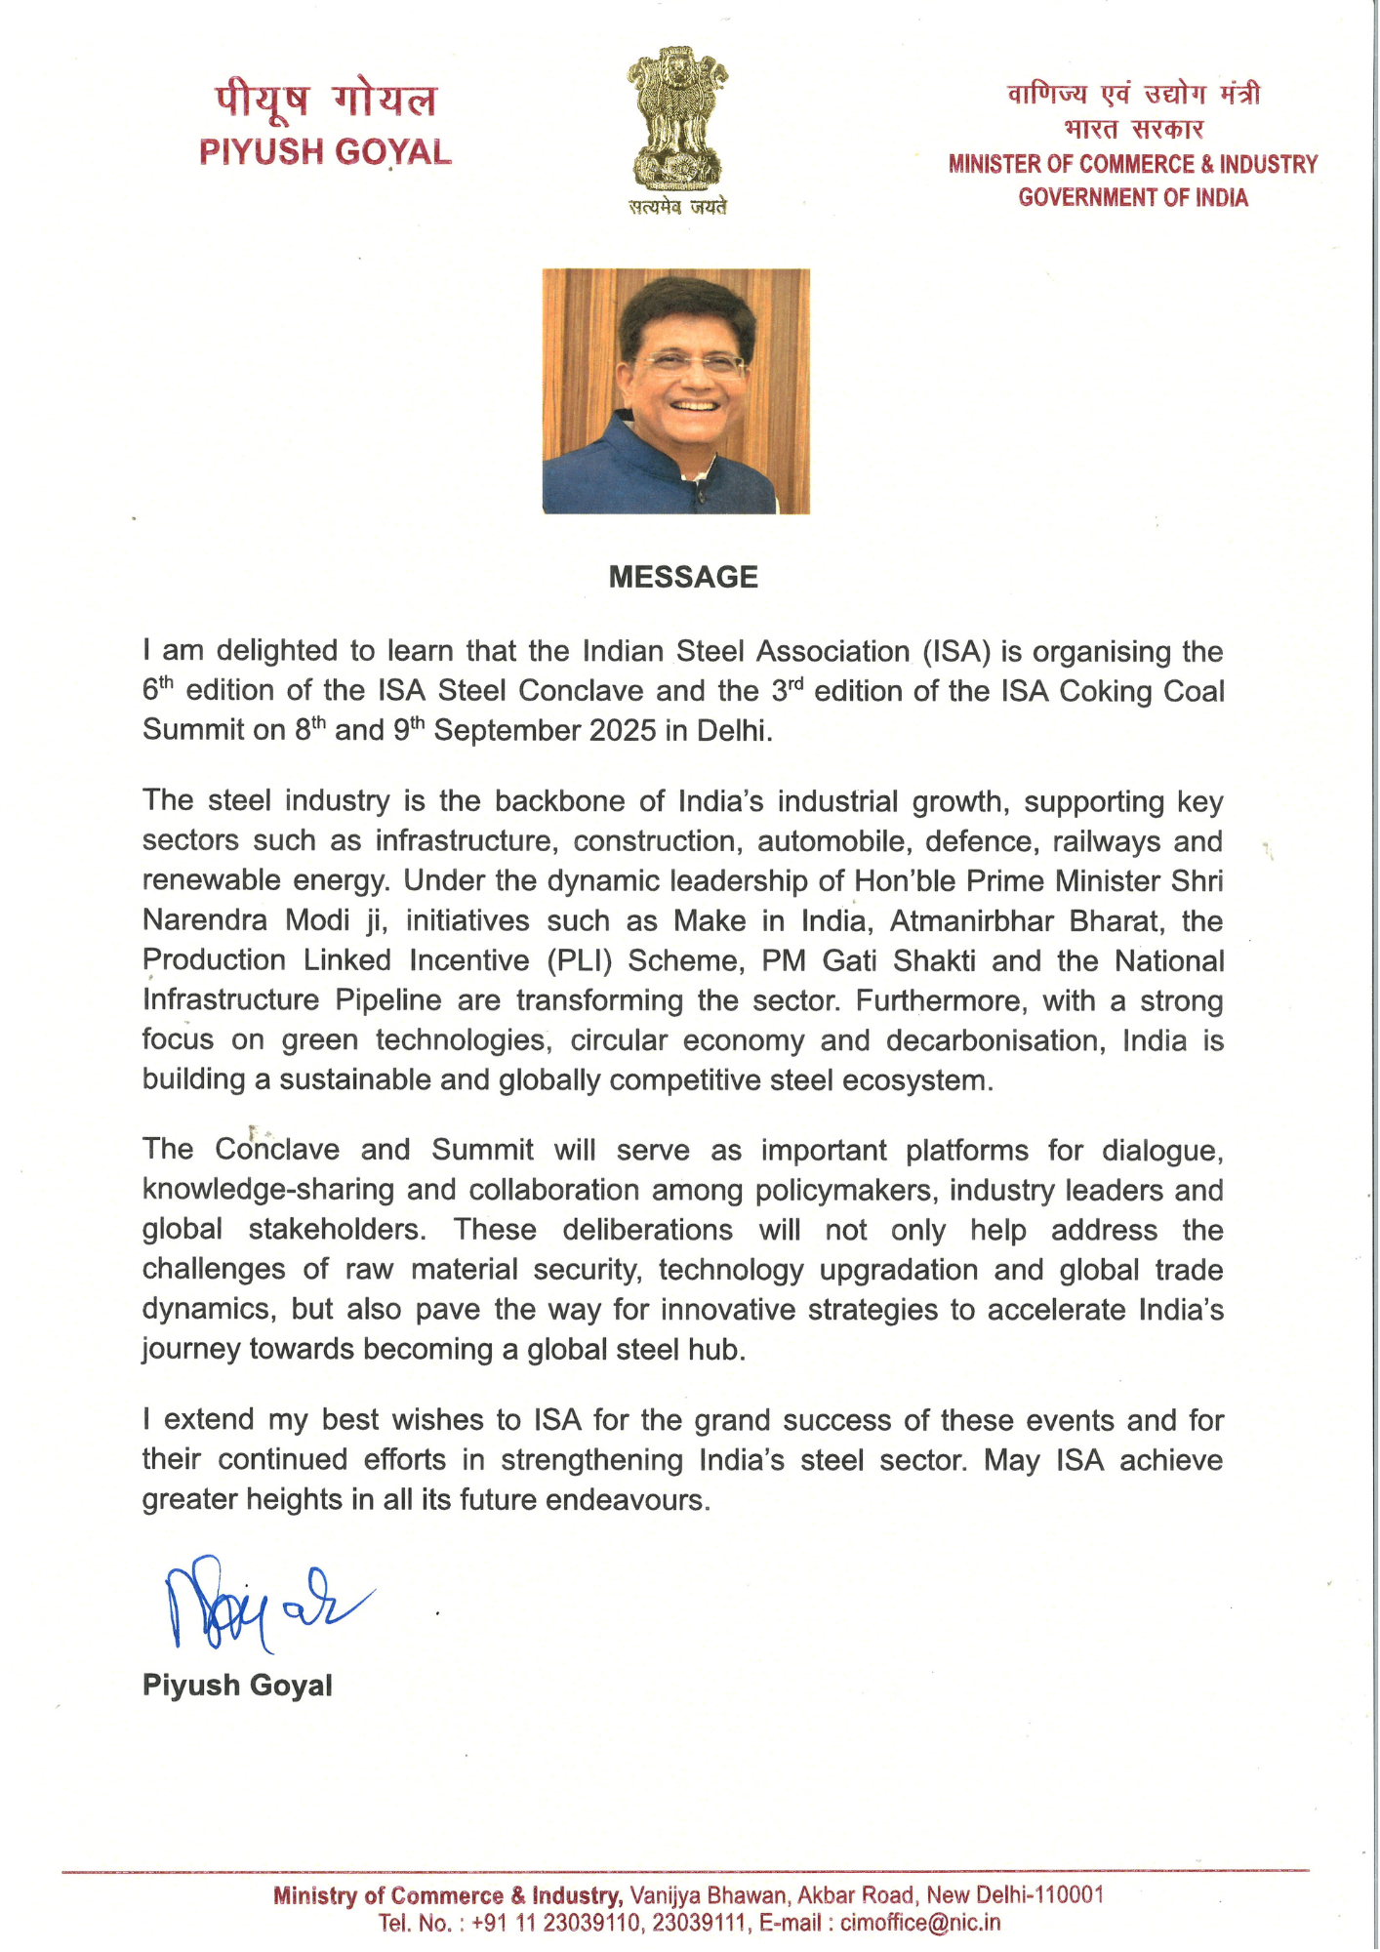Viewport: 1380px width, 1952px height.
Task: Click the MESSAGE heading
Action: [x=683, y=577]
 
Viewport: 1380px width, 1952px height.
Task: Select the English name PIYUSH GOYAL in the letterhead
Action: [x=325, y=152]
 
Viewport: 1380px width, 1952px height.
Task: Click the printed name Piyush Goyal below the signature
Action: [x=237, y=1686]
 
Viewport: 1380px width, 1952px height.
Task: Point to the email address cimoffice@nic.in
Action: [x=920, y=1923]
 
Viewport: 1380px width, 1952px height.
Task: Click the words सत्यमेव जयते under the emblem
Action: [x=677, y=207]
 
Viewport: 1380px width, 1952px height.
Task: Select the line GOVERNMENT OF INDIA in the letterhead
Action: [x=1133, y=198]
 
